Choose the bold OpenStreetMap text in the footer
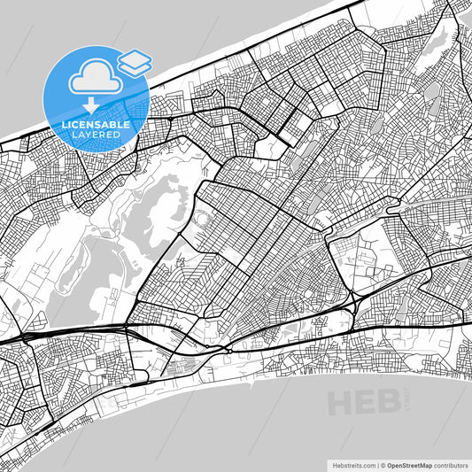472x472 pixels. point(408,464)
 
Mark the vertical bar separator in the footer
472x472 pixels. point(375,464)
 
